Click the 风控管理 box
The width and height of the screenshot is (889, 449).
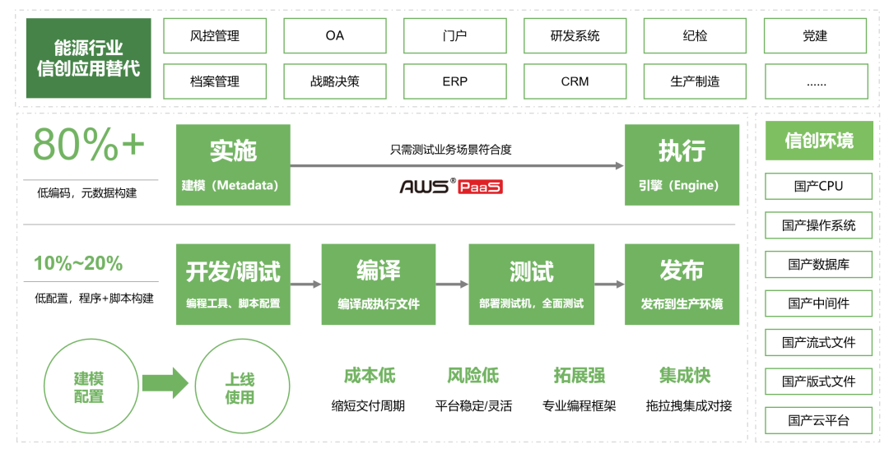point(215,35)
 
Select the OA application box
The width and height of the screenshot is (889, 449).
point(335,35)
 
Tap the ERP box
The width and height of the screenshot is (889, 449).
point(455,81)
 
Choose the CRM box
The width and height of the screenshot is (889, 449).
point(575,81)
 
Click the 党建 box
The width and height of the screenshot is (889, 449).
point(816,35)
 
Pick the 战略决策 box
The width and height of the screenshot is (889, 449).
point(335,81)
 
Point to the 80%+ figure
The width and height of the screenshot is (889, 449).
point(89,146)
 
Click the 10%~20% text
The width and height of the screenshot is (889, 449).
point(78,263)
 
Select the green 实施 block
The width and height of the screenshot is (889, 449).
point(233,164)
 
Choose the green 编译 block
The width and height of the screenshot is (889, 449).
point(379,284)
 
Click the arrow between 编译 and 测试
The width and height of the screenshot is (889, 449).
point(452,285)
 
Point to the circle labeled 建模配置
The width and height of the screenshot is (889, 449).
point(89,387)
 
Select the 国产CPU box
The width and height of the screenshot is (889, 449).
point(818,186)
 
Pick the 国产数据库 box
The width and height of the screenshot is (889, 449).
point(818,264)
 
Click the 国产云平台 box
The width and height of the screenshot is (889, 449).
point(818,420)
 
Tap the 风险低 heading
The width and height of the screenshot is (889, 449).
point(473,376)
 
